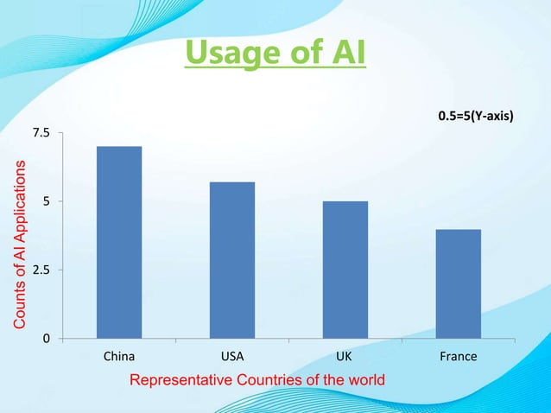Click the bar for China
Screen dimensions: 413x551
tap(119, 242)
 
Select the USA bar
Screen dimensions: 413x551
tap(232, 259)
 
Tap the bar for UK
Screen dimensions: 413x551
tap(345, 269)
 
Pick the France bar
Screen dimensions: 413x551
tap(459, 283)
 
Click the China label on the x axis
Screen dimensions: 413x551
tap(118, 356)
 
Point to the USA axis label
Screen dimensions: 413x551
tap(232, 356)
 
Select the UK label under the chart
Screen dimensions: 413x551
tap(345, 356)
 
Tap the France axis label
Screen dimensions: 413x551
tap(459, 356)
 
